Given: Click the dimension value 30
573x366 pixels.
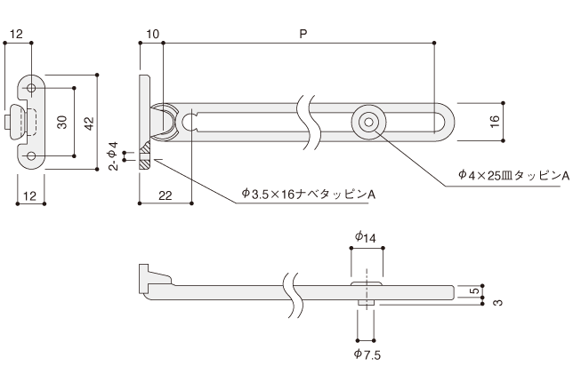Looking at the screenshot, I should (63, 123).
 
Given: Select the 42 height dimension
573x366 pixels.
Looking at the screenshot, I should (88, 123).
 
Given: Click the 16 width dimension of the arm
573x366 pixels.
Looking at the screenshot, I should (495, 121).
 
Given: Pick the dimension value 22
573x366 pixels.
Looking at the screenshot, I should (166, 195).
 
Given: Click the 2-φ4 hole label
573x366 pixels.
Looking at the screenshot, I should (113, 155).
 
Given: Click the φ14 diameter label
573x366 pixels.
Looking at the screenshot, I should (366, 237).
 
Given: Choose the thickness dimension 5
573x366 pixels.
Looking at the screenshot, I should (476, 290).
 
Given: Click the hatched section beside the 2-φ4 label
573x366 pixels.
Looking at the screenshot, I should (145, 160).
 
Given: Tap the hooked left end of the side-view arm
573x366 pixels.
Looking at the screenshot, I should (146, 276).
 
